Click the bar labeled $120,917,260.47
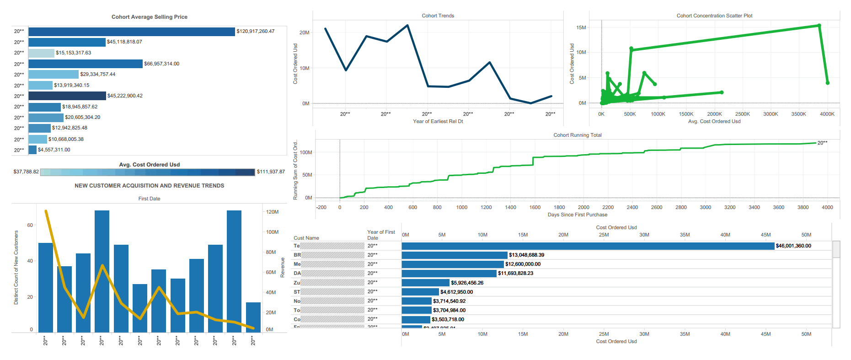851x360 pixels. click(132, 32)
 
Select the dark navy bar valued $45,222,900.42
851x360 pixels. click(67, 96)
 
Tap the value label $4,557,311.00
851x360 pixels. click(54, 150)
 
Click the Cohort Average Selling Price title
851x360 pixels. click(150, 17)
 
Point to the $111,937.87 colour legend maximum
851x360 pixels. click(271, 172)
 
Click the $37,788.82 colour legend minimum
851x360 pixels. click(26, 172)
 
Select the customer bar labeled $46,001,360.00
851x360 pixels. click(588, 246)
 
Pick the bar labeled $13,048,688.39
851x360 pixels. click(455, 255)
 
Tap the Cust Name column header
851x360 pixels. click(306, 238)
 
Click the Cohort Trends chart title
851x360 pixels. click(438, 16)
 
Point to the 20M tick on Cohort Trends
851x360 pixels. click(305, 32)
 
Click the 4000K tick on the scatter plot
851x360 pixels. click(827, 114)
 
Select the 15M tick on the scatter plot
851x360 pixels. click(581, 27)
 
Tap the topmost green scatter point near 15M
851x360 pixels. click(819, 26)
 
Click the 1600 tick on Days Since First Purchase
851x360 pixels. click(535, 207)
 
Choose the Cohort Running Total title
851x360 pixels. click(577, 135)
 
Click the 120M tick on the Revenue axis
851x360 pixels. click(272, 212)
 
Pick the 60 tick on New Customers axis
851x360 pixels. click(30, 225)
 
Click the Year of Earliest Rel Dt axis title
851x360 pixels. click(438, 121)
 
